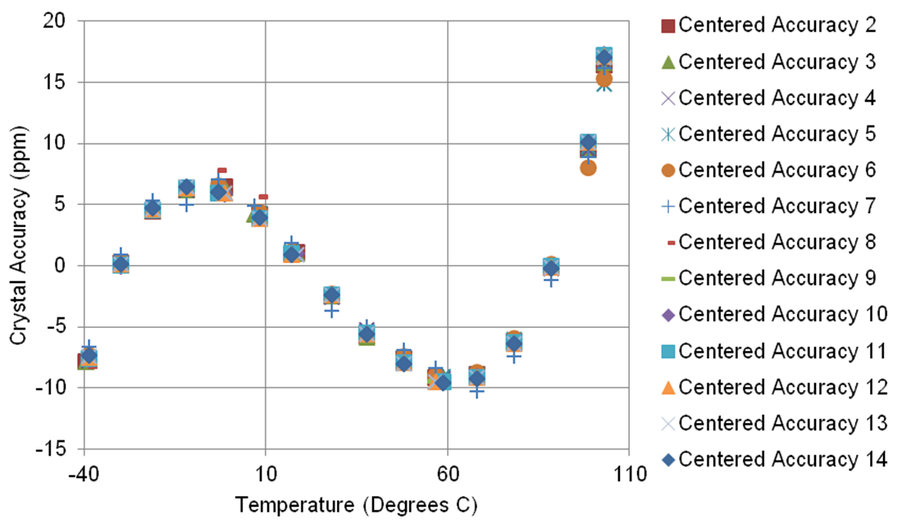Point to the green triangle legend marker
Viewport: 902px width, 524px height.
point(667,62)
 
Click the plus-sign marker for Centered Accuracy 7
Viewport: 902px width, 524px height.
point(667,206)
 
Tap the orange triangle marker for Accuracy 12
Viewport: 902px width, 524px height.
point(667,387)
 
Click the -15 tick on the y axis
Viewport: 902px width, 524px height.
point(61,449)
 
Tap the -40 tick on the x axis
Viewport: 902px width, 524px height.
point(83,473)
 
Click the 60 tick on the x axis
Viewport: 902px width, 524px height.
point(447,473)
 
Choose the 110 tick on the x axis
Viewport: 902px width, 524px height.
point(629,473)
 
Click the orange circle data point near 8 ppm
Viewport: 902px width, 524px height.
point(588,167)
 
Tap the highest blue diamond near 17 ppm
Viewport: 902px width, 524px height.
point(604,58)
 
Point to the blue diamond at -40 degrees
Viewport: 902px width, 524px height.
point(89,355)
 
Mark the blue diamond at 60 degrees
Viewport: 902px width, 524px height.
point(444,382)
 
